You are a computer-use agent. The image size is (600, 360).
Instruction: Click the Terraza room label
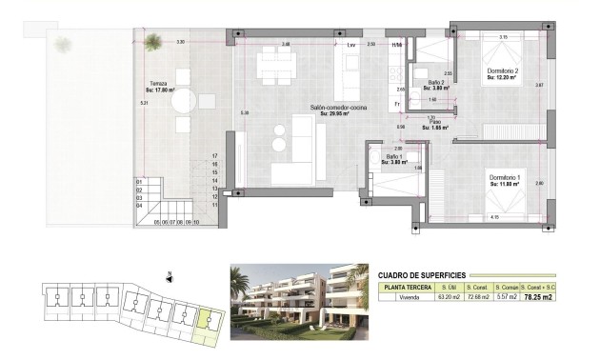tap(158, 84)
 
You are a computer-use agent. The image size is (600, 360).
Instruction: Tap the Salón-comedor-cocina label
tap(331, 109)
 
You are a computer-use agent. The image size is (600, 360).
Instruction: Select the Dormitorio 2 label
tap(503, 71)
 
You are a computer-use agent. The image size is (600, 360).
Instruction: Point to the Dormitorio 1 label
tap(505, 177)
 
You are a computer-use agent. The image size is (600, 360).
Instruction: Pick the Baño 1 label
tap(394, 159)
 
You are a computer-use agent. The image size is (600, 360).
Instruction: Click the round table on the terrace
tap(184, 100)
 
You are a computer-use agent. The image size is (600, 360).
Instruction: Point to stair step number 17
tap(216, 155)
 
